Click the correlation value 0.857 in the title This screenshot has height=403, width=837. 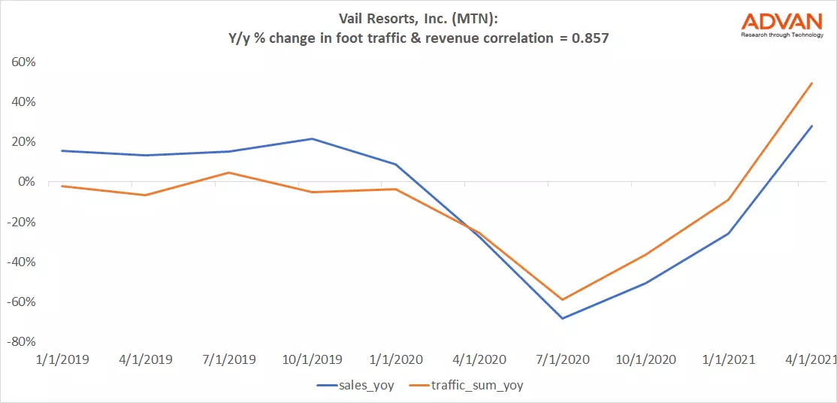pyautogui.click(x=589, y=38)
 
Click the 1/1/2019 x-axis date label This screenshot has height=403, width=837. pyautogui.click(x=62, y=359)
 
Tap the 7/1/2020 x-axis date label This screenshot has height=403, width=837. pyautogui.click(x=561, y=359)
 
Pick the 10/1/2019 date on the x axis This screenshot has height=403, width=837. pyautogui.click(x=312, y=359)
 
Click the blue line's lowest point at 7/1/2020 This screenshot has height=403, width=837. pyautogui.click(x=561, y=318)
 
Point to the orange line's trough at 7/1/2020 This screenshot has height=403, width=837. pyautogui.click(x=561, y=300)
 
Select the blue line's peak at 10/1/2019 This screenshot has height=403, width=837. pyautogui.click(x=312, y=138)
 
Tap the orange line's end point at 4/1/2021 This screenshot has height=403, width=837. pyautogui.click(x=812, y=83)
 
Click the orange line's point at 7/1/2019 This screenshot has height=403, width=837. pyautogui.click(x=228, y=172)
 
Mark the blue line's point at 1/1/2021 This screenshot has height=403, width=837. pyautogui.click(x=728, y=233)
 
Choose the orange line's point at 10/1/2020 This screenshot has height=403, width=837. pyautogui.click(x=645, y=254)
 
